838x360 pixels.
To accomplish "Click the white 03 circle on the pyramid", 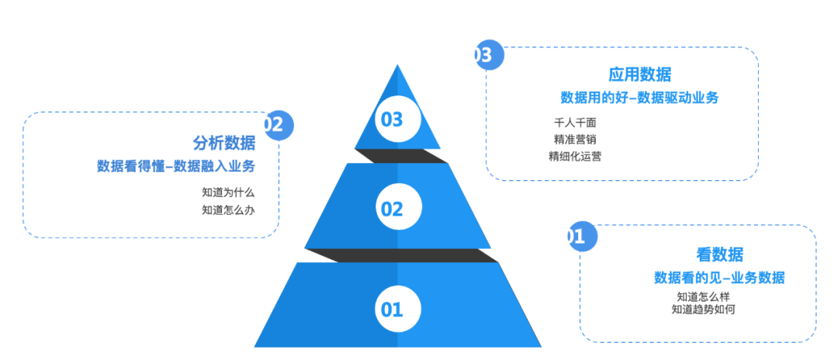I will coord(392,119).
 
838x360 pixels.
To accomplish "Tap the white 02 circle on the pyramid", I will coord(392,208).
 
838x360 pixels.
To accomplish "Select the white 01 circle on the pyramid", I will coord(392,310).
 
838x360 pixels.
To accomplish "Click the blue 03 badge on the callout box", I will coord(487,55).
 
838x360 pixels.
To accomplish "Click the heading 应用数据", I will coord(639,74).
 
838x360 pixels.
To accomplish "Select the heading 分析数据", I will coord(223,143).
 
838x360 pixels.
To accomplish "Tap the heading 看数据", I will coord(719,254).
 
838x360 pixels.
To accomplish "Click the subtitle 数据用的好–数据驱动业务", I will coord(639,98).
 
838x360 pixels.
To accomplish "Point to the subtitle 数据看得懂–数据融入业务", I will coord(176,166).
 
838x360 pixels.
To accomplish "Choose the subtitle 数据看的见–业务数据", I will coord(719,278).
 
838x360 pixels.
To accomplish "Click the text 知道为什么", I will coord(228,192).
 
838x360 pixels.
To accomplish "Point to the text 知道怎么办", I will coord(228,209).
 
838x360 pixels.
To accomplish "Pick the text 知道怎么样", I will coord(703,296).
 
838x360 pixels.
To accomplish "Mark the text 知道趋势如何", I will coord(703,310).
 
